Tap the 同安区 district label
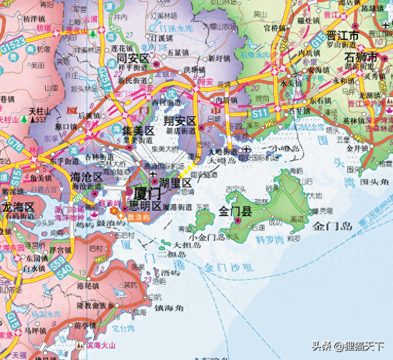[133, 58]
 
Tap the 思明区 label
[146, 205]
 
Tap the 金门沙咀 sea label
[228, 267]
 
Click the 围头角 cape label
[375, 182]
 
